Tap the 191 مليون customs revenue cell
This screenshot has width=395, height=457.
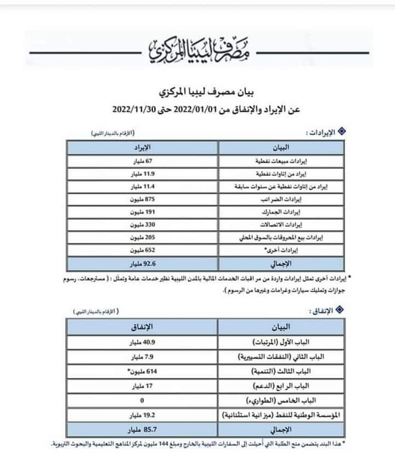[142, 213]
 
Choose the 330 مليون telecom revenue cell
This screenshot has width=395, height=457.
[142, 226]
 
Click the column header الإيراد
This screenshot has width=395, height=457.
[143, 148]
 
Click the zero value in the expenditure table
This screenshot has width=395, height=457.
[142, 399]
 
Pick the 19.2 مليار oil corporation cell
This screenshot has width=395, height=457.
[142, 414]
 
